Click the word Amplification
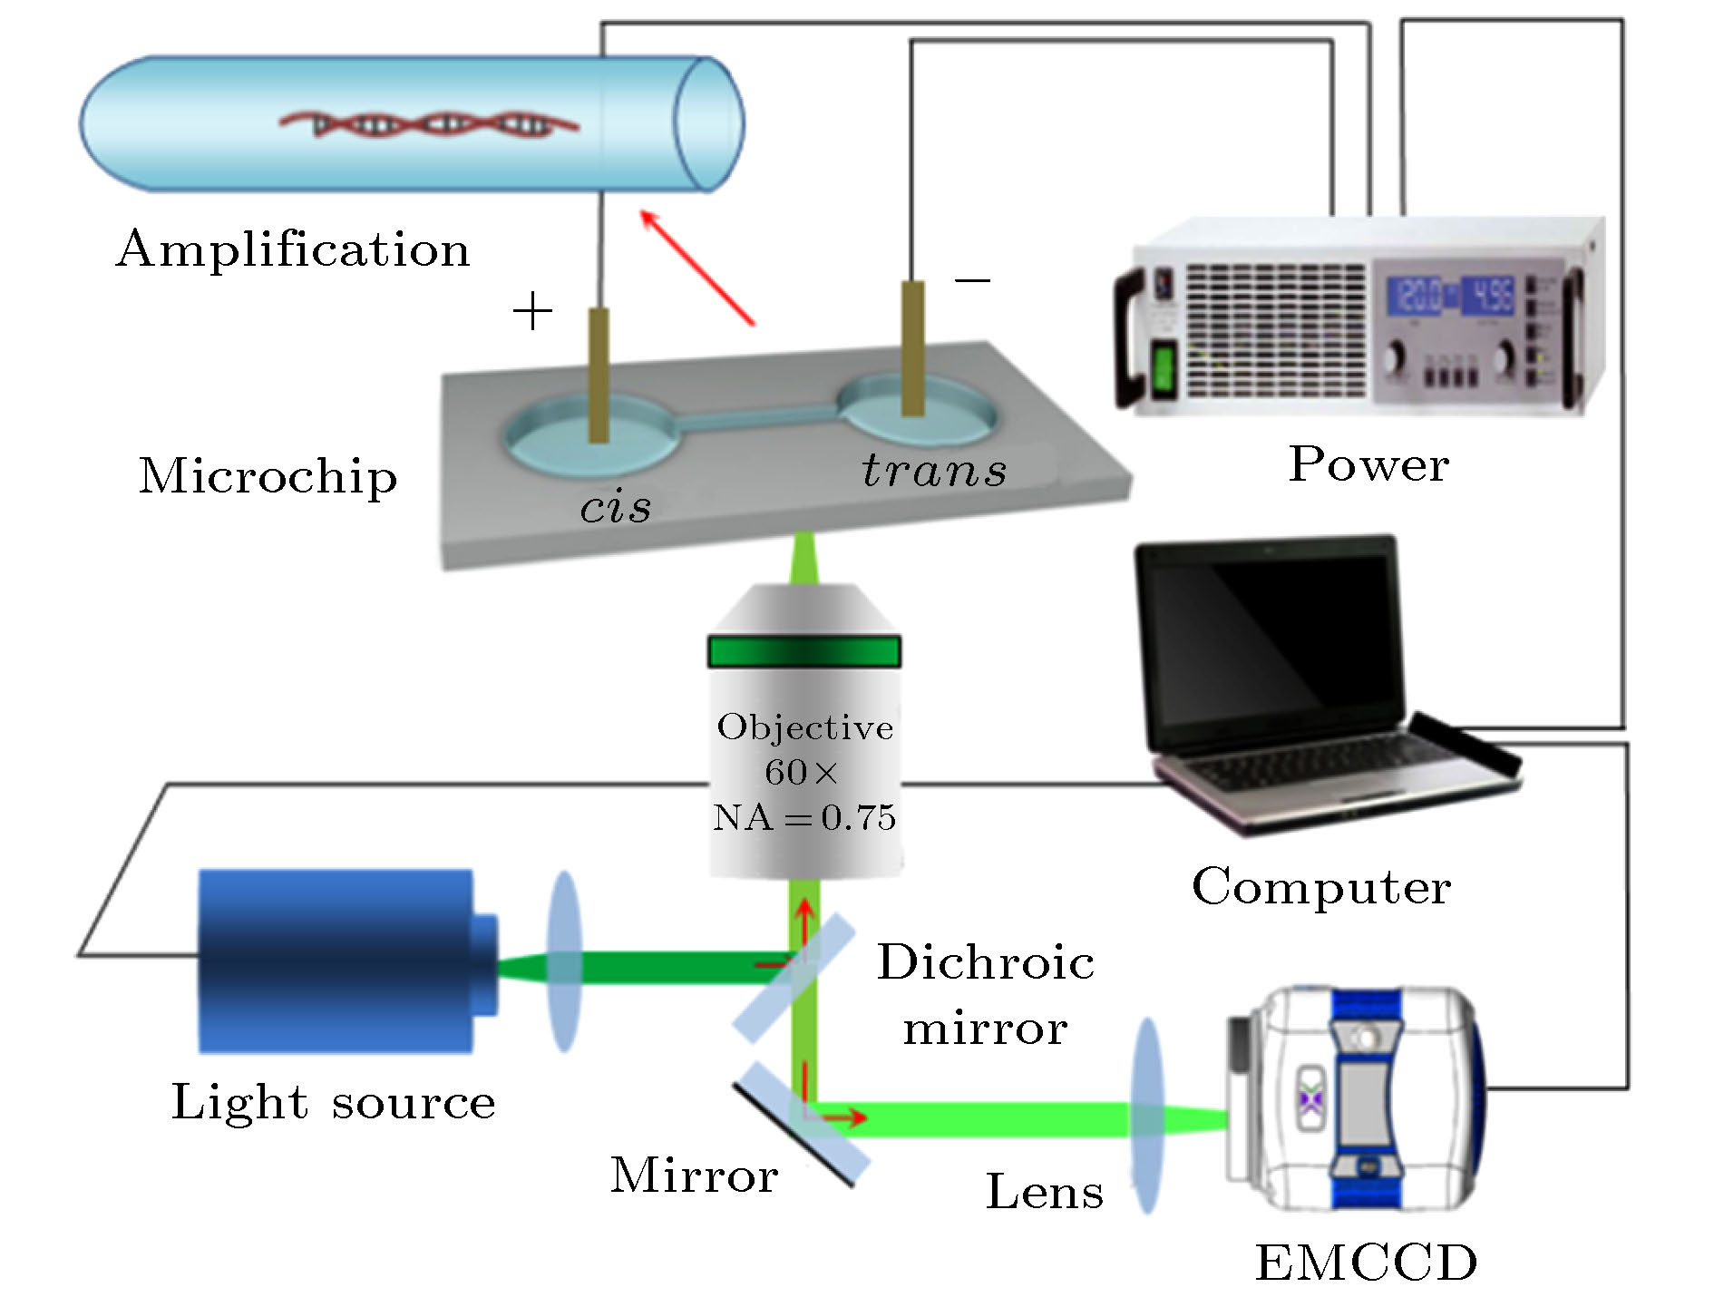[293, 249]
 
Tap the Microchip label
[268, 476]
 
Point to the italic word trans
[934, 470]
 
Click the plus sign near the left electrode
[532, 312]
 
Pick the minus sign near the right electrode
[972, 279]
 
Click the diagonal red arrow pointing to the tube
[696, 267]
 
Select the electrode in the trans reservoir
[912, 348]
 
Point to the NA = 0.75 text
[804, 818]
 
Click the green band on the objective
[803, 652]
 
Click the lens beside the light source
[564, 961]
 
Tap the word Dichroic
[986, 963]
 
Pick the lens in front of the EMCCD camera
[1147, 1116]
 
